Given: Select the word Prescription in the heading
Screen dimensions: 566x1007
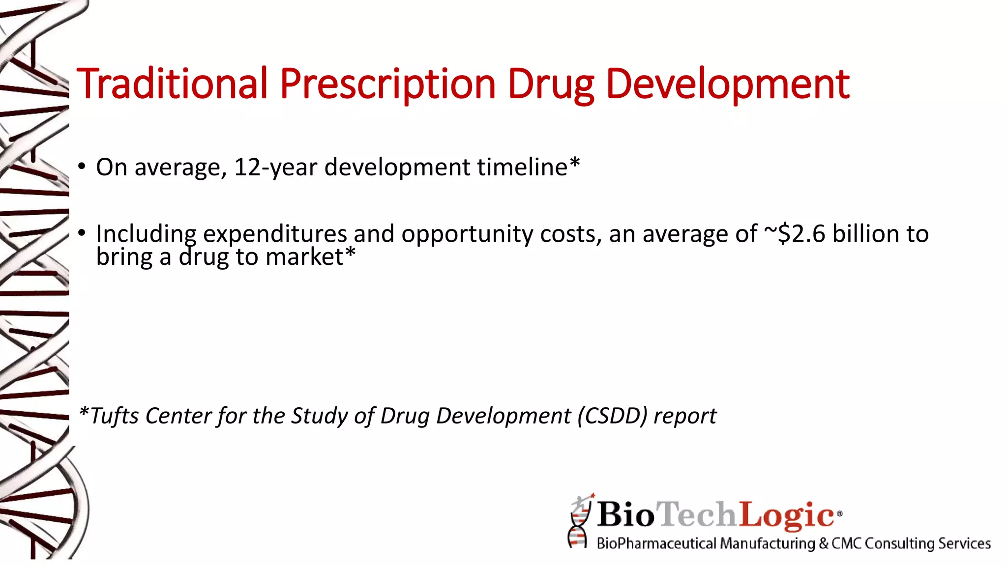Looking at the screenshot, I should (387, 85).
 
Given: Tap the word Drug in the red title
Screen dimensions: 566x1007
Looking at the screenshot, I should (551, 85).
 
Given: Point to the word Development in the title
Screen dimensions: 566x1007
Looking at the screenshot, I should (728, 85).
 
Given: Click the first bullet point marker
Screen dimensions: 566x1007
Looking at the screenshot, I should (82, 166).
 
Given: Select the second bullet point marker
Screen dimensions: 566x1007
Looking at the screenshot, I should (82, 232).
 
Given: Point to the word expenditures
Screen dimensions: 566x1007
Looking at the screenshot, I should (275, 234).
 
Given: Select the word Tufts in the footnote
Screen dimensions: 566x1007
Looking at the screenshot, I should (114, 416).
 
